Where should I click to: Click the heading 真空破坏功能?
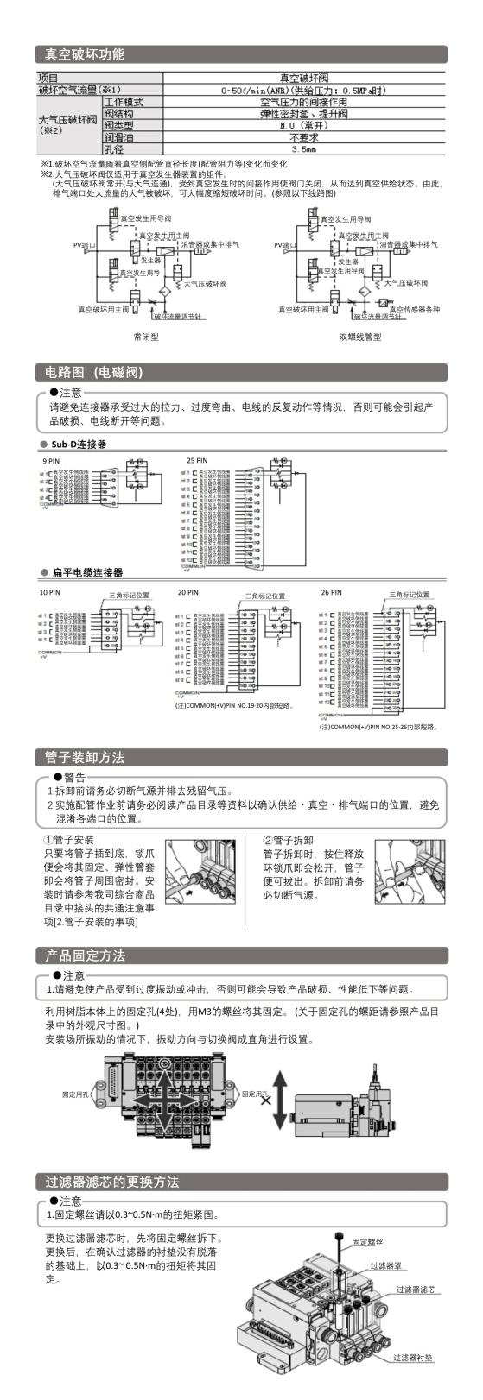click(x=85, y=54)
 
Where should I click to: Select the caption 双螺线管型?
click(x=360, y=337)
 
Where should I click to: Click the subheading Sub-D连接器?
click(x=79, y=445)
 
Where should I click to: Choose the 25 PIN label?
click(x=197, y=461)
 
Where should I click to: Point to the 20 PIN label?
click(x=187, y=592)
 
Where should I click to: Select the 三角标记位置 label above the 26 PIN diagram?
click(x=410, y=595)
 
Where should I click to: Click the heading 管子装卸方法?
click(x=85, y=757)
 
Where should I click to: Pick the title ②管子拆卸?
click(x=289, y=839)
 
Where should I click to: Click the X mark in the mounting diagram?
click(x=265, y=1100)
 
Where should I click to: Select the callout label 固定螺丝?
click(x=367, y=1241)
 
